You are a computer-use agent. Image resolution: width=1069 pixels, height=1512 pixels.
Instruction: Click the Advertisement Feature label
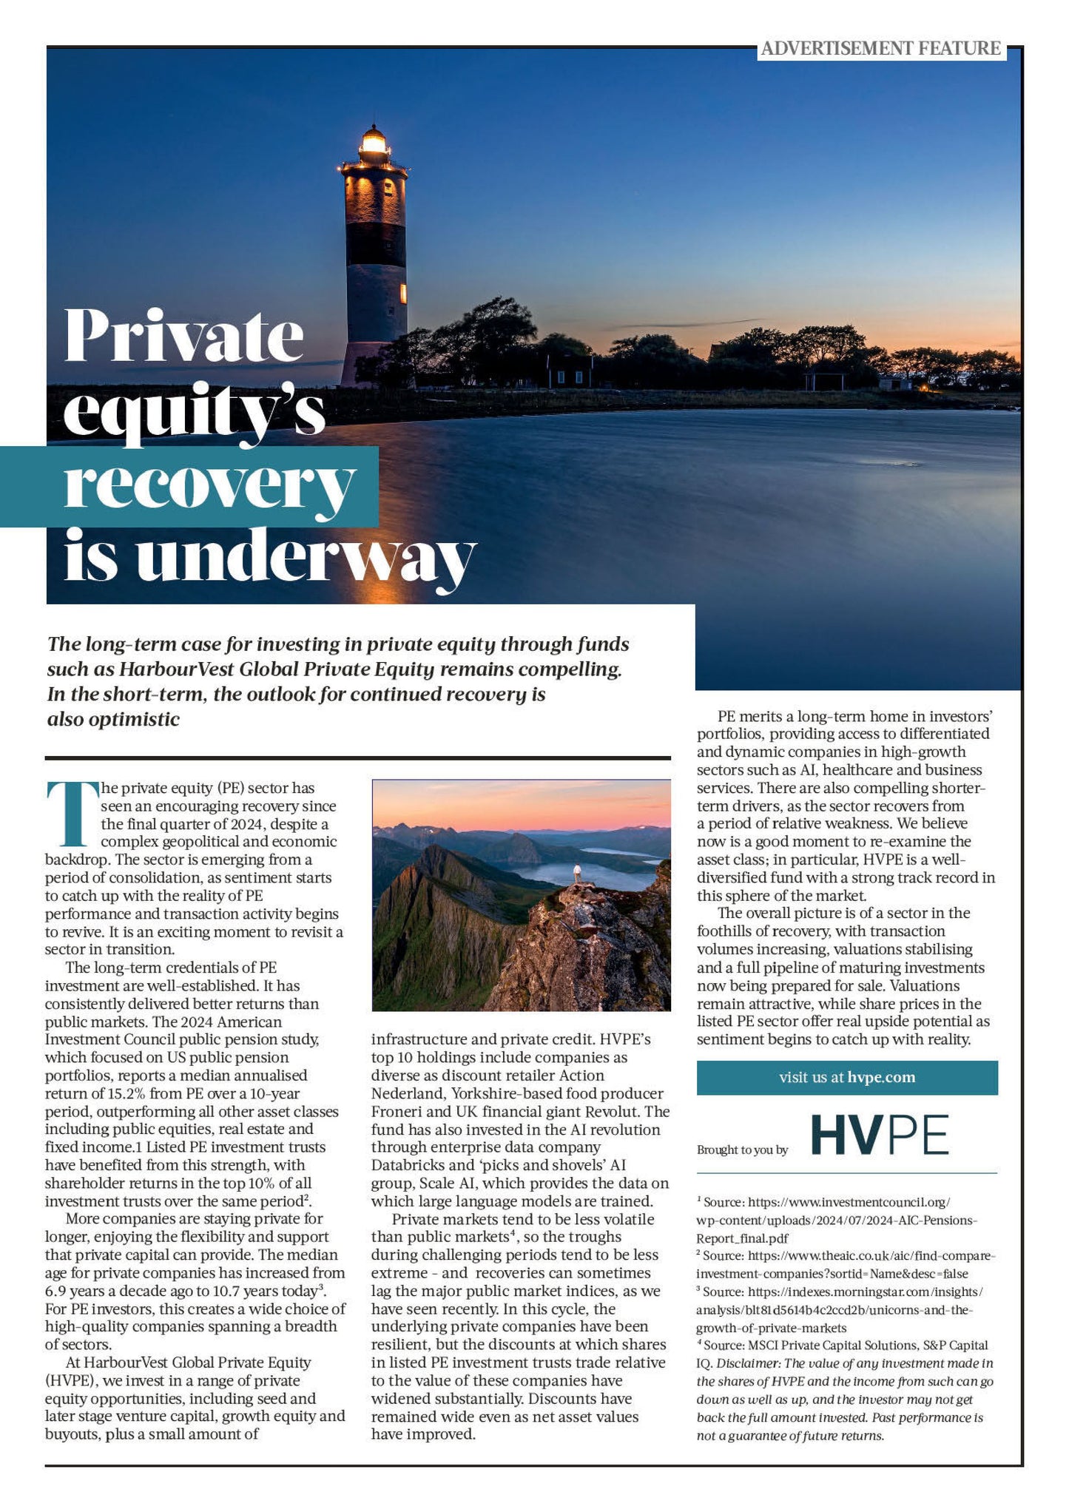880,49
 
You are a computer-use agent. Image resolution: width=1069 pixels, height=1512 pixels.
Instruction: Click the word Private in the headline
184,337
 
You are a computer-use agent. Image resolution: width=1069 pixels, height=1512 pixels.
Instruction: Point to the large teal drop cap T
72,813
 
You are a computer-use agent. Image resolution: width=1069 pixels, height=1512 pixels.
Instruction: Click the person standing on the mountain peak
577,874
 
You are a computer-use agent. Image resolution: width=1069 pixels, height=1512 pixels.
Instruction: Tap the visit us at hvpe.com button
846,1077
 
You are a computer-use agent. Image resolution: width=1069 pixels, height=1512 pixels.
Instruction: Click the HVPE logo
880,1135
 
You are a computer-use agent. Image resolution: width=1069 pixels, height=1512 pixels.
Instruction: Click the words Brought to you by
742,1150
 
